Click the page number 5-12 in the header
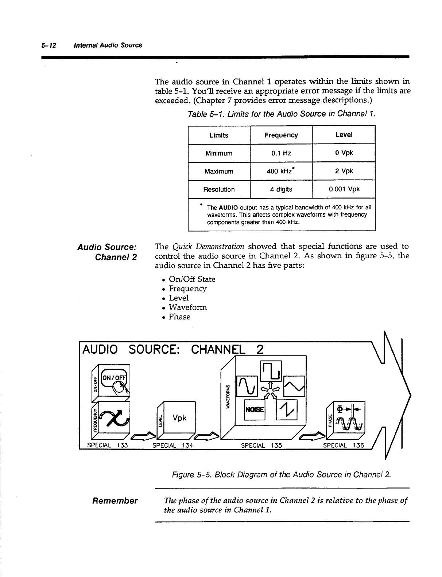pos(48,45)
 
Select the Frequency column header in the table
pos(281,135)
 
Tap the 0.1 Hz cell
pos(281,153)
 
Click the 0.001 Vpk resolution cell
pos(344,189)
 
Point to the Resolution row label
pos(219,189)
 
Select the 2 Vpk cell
pos(344,171)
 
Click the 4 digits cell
pos(281,189)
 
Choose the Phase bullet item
pos(179,317)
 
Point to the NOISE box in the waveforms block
pos(255,409)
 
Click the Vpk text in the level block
pos(179,418)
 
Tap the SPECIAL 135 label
pos(261,445)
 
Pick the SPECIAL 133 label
pos(107,445)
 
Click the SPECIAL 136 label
pos(343,445)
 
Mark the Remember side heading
pos(115,501)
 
